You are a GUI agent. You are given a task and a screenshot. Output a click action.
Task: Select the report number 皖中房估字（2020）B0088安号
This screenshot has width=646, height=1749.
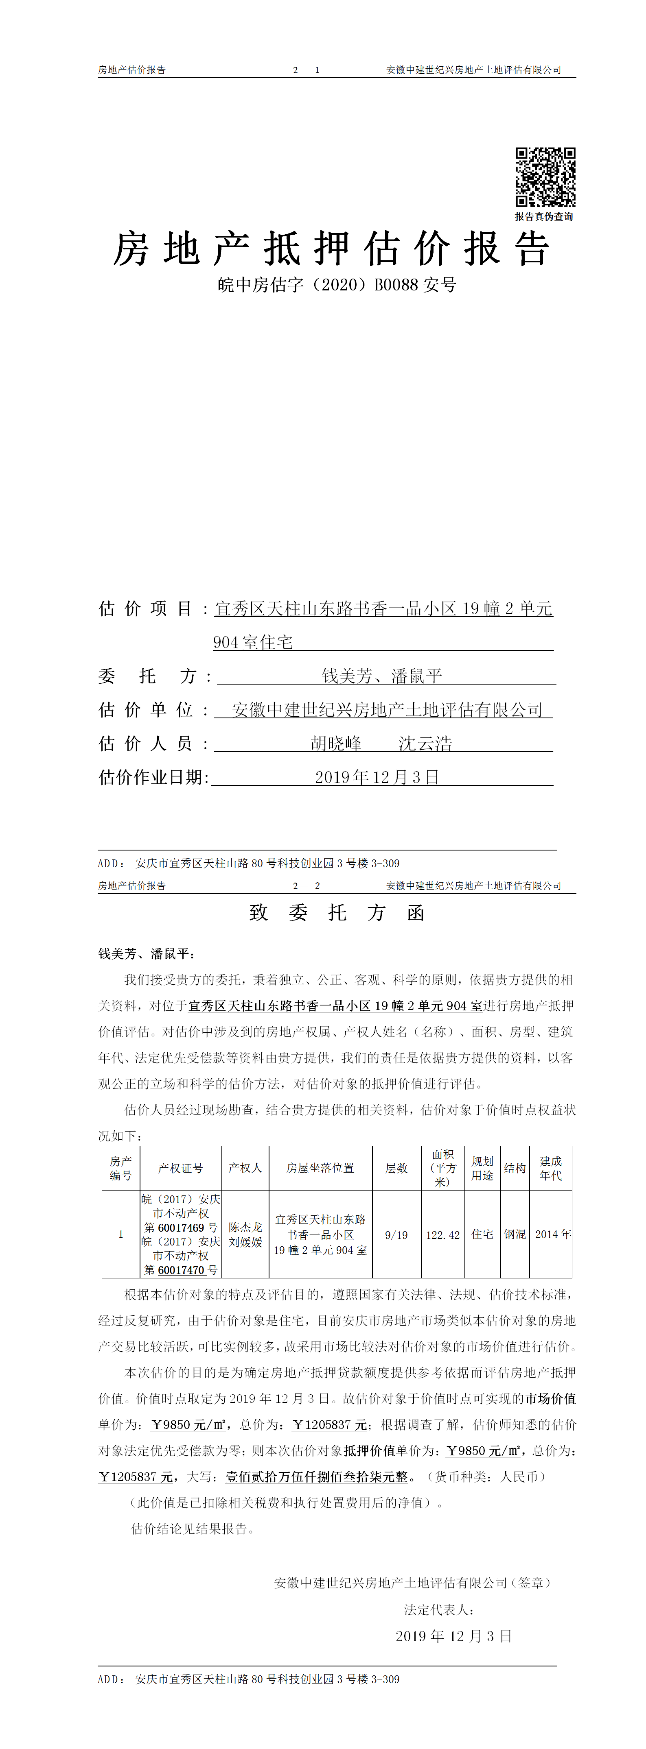[x=337, y=284]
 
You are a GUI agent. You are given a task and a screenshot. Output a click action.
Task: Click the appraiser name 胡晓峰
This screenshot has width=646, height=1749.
[x=336, y=744]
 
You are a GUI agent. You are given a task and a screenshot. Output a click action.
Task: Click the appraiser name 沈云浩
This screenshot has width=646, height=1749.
[x=425, y=744]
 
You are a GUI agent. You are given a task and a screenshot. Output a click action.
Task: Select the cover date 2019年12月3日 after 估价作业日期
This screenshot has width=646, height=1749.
[x=377, y=777]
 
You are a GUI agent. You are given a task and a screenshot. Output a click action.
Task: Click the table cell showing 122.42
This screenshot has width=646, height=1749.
[x=443, y=1235]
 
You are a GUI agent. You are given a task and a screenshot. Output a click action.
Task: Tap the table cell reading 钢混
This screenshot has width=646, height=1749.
[x=515, y=1234]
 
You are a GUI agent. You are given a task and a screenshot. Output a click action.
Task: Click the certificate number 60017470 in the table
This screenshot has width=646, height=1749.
[x=182, y=1270]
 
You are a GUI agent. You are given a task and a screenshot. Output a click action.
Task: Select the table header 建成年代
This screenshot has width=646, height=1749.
[x=550, y=1168]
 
